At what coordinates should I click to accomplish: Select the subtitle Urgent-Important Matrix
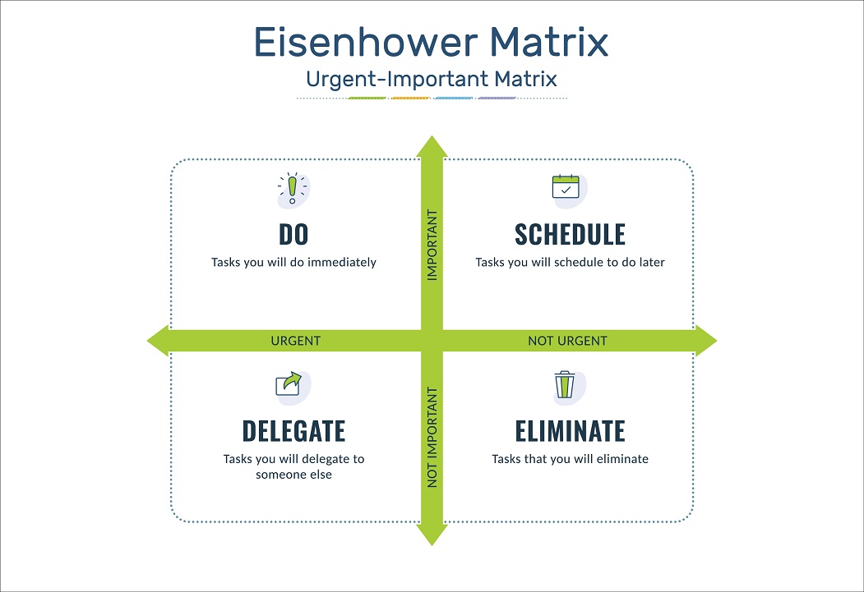pyautogui.click(x=432, y=79)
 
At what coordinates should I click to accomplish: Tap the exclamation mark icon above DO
pyautogui.click(x=293, y=189)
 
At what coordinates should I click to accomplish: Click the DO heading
pyautogui.click(x=293, y=234)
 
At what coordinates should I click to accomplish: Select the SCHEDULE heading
pyautogui.click(x=570, y=234)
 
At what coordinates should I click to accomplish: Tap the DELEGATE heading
pyautogui.click(x=293, y=431)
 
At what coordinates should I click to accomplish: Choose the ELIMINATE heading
pyautogui.click(x=570, y=431)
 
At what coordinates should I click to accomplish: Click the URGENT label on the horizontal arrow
pyautogui.click(x=295, y=341)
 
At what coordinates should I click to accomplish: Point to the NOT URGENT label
pyautogui.click(x=567, y=341)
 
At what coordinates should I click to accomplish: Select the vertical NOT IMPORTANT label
pyautogui.click(x=432, y=438)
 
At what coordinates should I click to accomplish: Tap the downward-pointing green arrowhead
pyautogui.click(x=432, y=534)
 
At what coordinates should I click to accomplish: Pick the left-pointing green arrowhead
pyautogui.click(x=159, y=341)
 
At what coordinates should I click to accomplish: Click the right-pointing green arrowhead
pyautogui.click(x=706, y=341)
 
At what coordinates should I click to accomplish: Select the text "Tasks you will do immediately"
pyautogui.click(x=293, y=262)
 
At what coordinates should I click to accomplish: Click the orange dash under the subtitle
pyautogui.click(x=410, y=98)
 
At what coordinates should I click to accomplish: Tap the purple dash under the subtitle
pyautogui.click(x=497, y=98)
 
